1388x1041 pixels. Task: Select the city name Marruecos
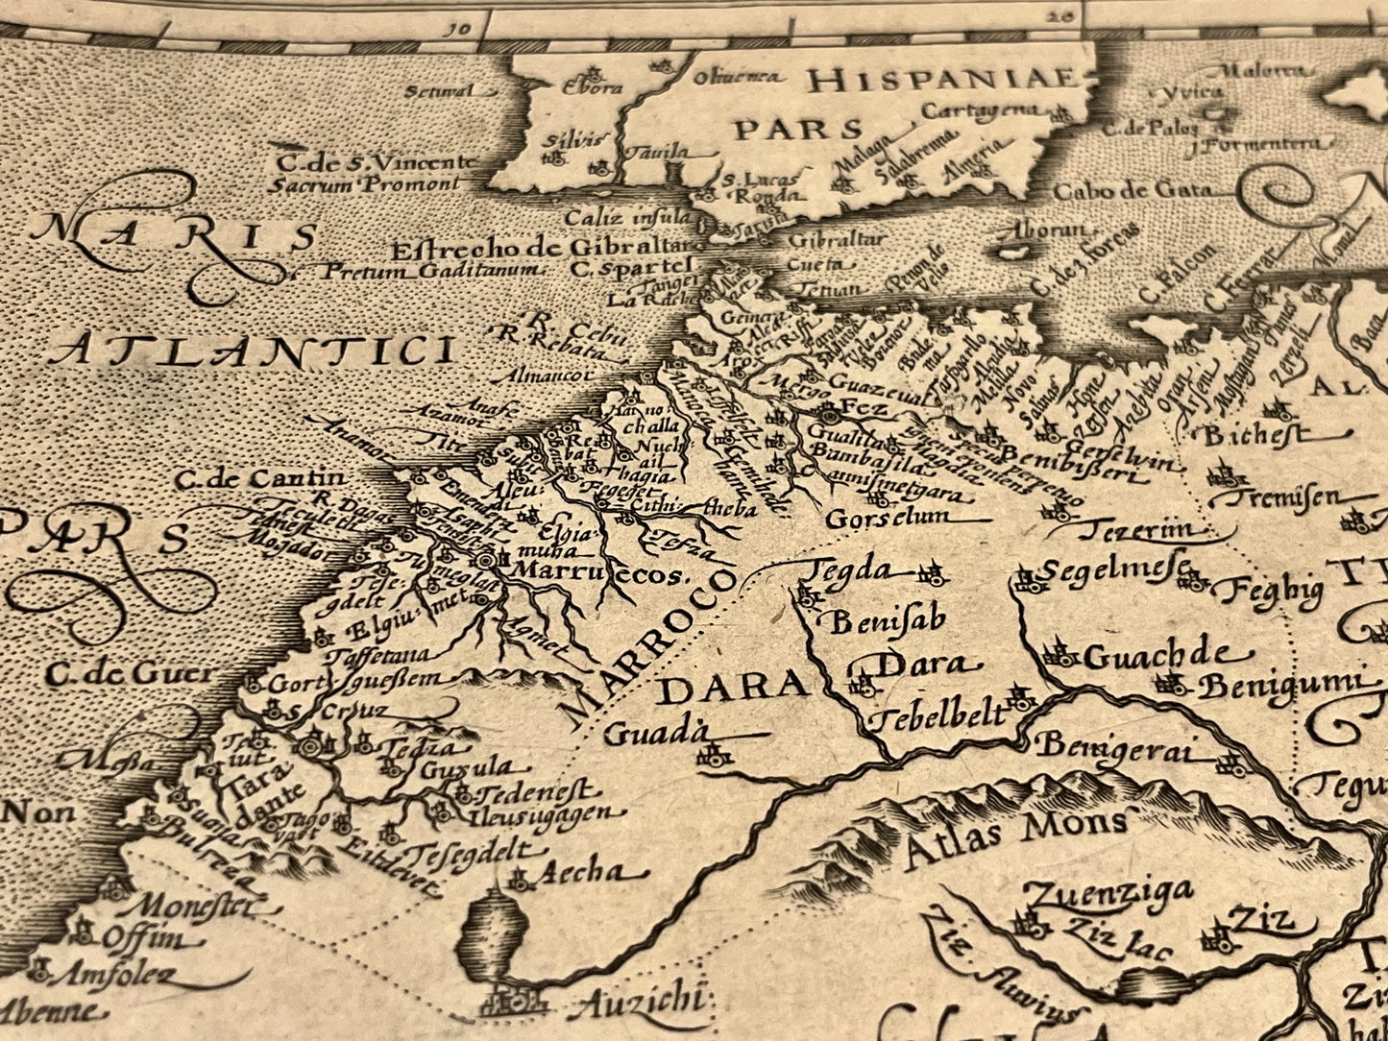pyautogui.click(x=597, y=573)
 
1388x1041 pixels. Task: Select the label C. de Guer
pyautogui.click(x=130, y=673)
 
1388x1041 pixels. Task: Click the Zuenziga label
pyautogui.click(x=1109, y=893)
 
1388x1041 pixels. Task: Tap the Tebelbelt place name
pyautogui.click(x=937, y=716)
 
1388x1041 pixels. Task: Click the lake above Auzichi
pyautogui.click(x=494, y=929)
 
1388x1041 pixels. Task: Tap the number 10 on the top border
pyautogui.click(x=459, y=27)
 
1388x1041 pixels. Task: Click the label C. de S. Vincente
pyautogui.click(x=377, y=162)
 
